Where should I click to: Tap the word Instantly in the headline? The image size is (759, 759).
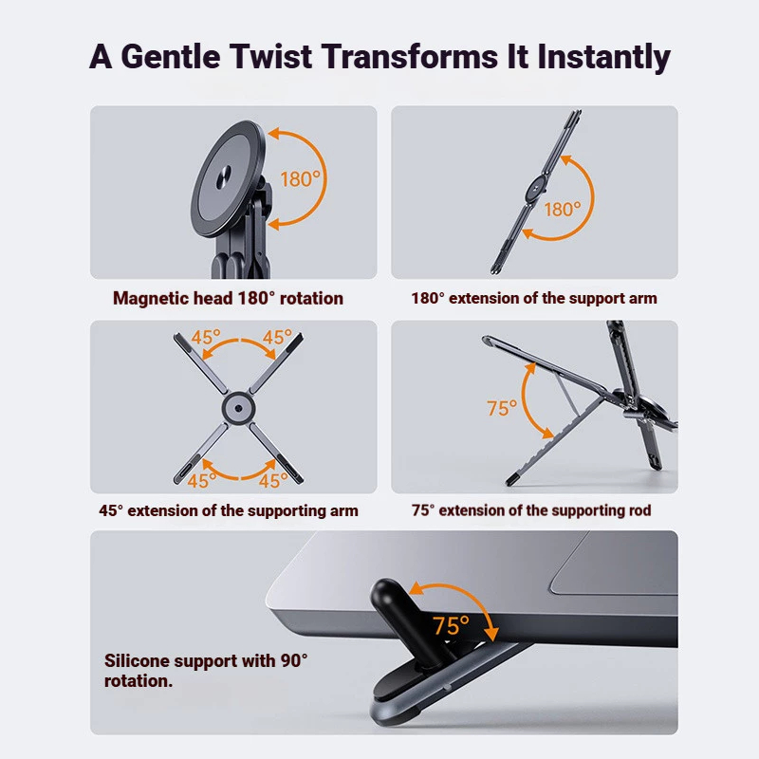coord(604,58)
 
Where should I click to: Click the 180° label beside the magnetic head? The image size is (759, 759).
coord(300,179)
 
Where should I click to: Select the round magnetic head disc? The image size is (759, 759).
coord(228,178)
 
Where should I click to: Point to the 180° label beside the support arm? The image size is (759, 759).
coord(563,210)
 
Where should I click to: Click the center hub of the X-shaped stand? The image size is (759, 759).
coord(238,408)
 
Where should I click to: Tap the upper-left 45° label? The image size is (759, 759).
coord(206,337)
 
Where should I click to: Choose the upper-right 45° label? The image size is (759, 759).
coord(277,337)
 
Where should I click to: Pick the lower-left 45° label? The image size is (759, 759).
coord(202,481)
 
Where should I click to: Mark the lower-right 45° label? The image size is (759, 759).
coord(273,481)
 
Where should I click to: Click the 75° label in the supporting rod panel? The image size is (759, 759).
coord(502,409)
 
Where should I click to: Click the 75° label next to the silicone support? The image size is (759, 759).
coord(451,625)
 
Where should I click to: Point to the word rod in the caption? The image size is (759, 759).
coord(639,510)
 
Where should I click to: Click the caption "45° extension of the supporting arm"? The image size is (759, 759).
coord(229,511)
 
